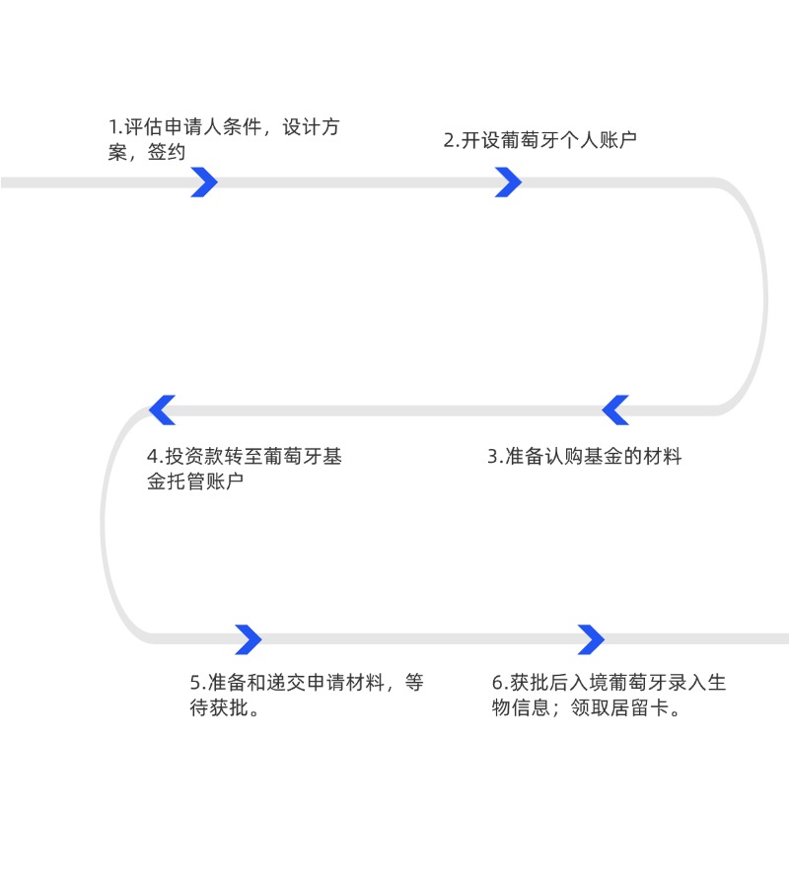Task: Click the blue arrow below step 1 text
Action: [x=204, y=182]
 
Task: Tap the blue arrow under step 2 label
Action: [x=508, y=182]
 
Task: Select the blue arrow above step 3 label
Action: [x=615, y=409]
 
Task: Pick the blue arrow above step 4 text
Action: [x=162, y=409]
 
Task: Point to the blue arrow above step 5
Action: [x=249, y=639]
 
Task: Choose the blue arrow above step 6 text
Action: [x=591, y=639]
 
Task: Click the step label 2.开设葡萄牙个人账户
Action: [x=540, y=139]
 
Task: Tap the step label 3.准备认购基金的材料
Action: [x=585, y=457]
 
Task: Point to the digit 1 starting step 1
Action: [x=112, y=128]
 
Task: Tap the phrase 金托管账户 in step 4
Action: [x=195, y=481]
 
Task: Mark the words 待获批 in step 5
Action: [x=215, y=708]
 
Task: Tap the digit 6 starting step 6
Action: [x=497, y=683]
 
